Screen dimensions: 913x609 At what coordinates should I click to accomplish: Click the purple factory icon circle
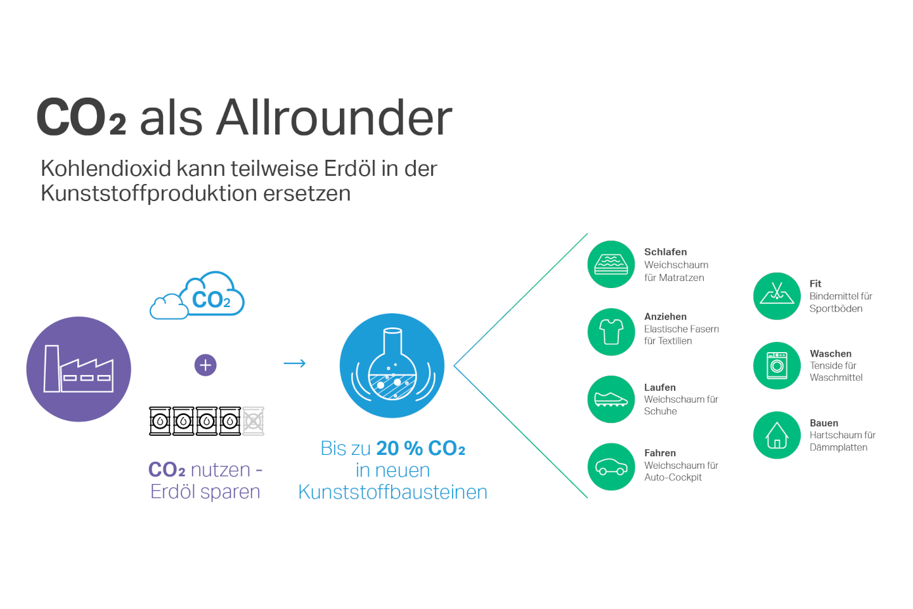(x=79, y=369)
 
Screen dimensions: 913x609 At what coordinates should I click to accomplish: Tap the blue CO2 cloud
(x=197, y=296)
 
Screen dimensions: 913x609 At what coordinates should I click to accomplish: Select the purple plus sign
(x=205, y=365)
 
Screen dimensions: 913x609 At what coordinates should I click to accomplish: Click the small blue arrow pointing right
(x=295, y=363)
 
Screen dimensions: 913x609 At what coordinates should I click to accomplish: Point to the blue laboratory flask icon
(x=392, y=365)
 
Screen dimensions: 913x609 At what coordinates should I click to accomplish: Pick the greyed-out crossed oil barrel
(x=254, y=421)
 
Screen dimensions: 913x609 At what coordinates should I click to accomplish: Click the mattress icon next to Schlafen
(x=611, y=265)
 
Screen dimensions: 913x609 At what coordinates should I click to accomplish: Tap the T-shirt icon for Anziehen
(x=611, y=332)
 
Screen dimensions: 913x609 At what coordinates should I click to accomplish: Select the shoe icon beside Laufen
(x=611, y=399)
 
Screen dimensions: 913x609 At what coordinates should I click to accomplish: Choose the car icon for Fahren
(x=611, y=467)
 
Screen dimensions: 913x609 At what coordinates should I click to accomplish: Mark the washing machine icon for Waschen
(x=777, y=365)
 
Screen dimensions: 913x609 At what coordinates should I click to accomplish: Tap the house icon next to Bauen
(x=777, y=435)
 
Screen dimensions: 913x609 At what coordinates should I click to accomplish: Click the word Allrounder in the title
(x=334, y=117)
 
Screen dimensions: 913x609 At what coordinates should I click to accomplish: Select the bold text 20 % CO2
(x=420, y=449)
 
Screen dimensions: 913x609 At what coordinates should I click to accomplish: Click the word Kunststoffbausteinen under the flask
(x=392, y=492)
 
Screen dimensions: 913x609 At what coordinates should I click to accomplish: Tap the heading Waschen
(x=831, y=353)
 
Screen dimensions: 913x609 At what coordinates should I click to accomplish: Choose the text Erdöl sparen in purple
(x=205, y=492)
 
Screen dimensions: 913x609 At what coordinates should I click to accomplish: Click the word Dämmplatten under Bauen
(x=838, y=447)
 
